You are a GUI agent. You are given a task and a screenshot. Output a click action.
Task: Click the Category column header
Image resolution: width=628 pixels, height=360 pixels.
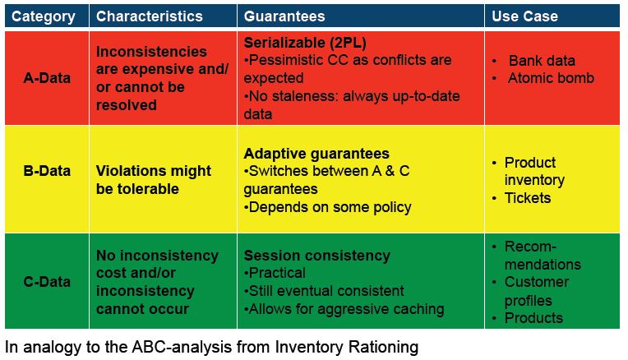pos(44,16)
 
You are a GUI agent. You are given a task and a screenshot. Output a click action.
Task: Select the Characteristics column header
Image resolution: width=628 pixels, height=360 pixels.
pos(150,16)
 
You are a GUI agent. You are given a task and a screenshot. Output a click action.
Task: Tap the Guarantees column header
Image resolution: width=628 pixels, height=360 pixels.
pos(284,16)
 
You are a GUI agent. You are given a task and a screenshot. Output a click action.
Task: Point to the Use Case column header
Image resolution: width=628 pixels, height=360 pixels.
pos(524,16)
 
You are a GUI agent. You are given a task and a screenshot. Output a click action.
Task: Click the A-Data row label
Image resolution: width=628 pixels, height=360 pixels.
pos(47,78)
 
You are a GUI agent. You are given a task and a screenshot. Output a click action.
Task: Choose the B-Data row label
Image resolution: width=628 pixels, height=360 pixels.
pos(47,171)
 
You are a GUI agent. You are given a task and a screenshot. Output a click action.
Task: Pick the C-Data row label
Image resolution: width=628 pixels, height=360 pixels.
pos(47,282)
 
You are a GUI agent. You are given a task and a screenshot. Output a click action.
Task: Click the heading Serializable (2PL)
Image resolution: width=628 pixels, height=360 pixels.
pos(305,43)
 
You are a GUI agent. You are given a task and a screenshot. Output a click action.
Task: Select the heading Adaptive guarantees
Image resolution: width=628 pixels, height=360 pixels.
pos(316,154)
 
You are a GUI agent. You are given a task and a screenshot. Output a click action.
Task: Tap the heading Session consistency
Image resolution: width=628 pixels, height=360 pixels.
pos(316,256)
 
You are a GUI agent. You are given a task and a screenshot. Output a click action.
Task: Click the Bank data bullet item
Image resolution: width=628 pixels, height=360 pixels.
pos(542,61)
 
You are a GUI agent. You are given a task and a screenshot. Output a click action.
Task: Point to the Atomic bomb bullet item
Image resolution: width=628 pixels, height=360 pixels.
pos(551,78)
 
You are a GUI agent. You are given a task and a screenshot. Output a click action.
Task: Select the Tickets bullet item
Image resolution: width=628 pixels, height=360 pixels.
pos(528,198)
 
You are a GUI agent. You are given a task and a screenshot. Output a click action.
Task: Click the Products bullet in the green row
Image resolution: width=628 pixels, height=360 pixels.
pos(533,317)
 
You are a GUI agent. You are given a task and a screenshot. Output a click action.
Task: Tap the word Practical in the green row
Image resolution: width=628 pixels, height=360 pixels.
pos(277,273)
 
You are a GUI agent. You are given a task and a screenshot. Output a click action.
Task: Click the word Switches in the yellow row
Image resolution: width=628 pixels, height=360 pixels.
pos(279,171)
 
